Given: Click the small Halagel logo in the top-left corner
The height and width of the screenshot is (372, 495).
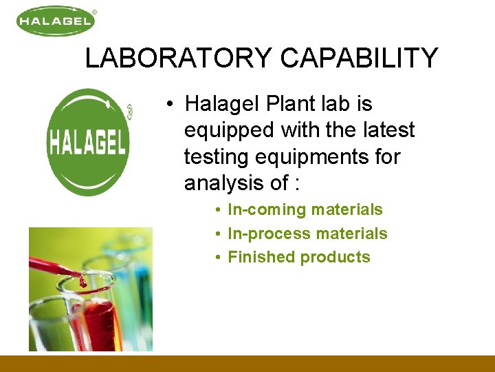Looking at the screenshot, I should click(56, 21).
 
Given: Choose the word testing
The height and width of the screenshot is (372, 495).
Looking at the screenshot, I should click(216, 157).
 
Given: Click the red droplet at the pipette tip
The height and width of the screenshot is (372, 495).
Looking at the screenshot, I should click(82, 282).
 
